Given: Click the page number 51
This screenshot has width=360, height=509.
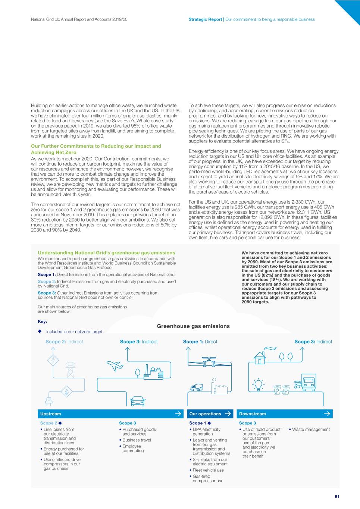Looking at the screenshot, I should tap(337, 496).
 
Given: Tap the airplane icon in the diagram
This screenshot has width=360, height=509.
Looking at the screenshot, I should tap(115, 366).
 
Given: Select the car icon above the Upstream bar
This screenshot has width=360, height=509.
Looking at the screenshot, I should tap(137, 401).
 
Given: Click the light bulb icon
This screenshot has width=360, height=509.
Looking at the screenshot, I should tap(258, 384).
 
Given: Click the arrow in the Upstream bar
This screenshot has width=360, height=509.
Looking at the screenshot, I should tap(178, 414).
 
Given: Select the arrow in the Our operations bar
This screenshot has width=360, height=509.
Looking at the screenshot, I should tap(228, 414).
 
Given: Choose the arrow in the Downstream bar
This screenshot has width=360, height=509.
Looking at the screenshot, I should tap(327, 414).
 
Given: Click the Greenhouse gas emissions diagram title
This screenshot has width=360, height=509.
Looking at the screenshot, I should tap(193, 326).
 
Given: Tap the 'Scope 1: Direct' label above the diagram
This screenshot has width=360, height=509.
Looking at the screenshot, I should tap(200, 342).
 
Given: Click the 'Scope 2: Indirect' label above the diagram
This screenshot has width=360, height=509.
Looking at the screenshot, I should tap(64, 342).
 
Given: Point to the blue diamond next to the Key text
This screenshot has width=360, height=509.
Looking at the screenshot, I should tap(40, 331).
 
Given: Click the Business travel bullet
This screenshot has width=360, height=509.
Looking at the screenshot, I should tap(137, 440).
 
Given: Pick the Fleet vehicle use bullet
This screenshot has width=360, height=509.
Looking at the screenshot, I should tap(208, 470).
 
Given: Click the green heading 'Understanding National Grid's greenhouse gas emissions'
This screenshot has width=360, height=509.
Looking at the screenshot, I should tap(106, 253).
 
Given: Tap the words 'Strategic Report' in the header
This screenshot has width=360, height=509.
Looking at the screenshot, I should tap(205, 19).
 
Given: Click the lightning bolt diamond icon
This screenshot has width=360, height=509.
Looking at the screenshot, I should tap(53, 360).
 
